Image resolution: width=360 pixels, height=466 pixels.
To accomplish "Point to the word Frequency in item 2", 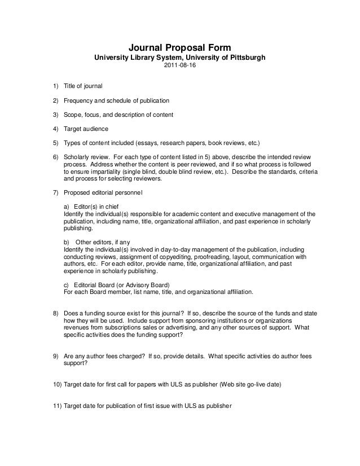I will (x=78, y=101).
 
